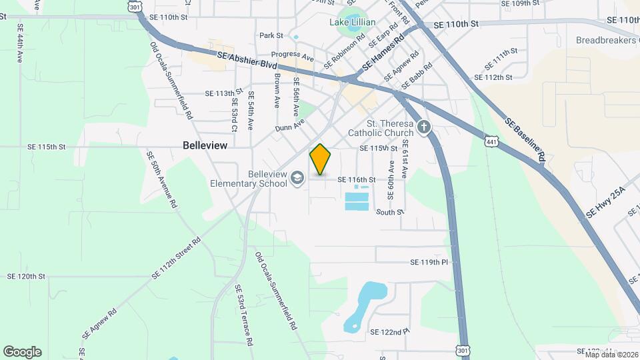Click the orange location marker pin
320,159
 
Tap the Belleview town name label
205,145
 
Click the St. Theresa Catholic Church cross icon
423,127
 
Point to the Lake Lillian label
353,22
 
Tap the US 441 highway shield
491,141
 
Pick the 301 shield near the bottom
463,349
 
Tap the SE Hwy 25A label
605,203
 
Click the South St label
390,212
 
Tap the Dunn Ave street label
289,125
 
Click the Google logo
22,352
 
